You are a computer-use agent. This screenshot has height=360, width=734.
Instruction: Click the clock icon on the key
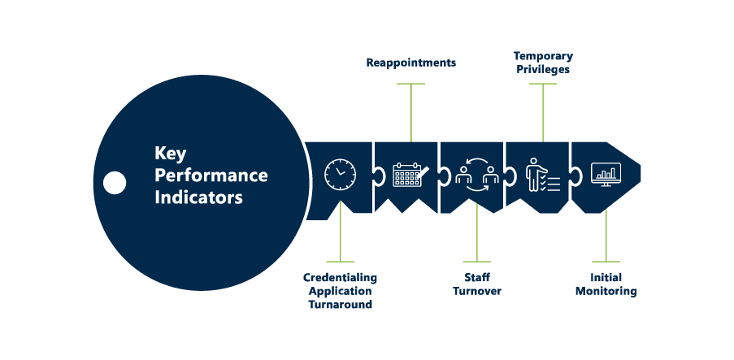340,174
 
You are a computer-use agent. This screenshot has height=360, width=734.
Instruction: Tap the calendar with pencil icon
410,175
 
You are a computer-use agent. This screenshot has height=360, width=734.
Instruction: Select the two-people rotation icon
476,174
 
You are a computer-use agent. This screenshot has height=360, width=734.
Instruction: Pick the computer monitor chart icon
606,174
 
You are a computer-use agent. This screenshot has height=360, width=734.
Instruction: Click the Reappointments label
410,63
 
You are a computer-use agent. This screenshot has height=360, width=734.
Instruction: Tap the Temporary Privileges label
542,63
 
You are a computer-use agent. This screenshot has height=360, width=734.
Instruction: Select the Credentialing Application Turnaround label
340,291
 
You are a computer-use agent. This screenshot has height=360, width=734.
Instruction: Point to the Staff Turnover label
476,284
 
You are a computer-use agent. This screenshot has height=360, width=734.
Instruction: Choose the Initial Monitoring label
606,284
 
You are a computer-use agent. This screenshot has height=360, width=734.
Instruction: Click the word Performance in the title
211,175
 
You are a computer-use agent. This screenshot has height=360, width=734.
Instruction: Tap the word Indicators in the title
198,197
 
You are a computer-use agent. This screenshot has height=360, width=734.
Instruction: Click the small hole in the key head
115,182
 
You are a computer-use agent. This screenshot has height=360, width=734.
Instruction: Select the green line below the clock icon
340,240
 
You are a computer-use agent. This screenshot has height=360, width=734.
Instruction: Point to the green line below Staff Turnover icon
477,240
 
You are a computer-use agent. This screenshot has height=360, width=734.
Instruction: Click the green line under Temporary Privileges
542,110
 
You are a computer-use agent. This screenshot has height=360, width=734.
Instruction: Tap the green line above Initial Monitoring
606,240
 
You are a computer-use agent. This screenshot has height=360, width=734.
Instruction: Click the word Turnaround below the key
340,305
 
